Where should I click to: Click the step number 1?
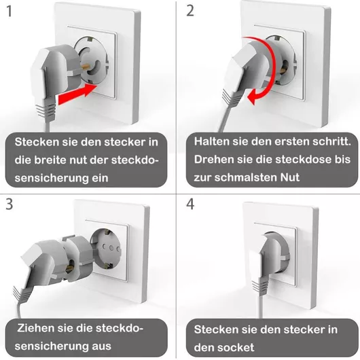point(10,12)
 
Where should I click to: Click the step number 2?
point(190,11)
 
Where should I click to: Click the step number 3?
point(10,204)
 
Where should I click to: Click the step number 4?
point(190,204)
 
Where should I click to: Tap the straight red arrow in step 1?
point(77,94)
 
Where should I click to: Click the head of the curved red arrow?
point(253,97)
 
